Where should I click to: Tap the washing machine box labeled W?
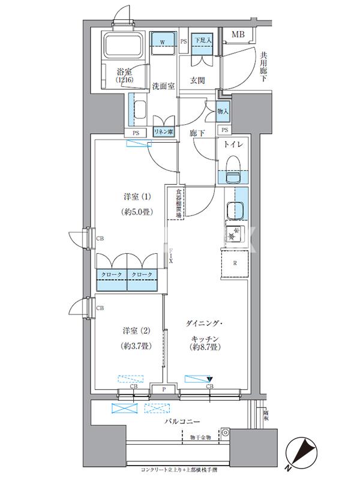[163, 41]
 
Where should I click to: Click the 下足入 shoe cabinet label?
[201, 41]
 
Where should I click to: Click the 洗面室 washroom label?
[163, 86]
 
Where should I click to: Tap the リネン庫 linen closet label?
[163, 132]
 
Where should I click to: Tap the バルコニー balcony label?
[183, 422]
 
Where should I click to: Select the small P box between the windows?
[164, 389]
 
